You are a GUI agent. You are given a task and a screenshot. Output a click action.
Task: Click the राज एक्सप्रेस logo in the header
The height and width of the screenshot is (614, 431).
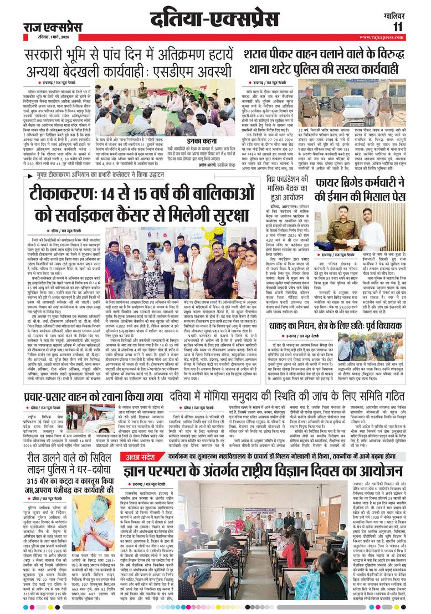52,27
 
